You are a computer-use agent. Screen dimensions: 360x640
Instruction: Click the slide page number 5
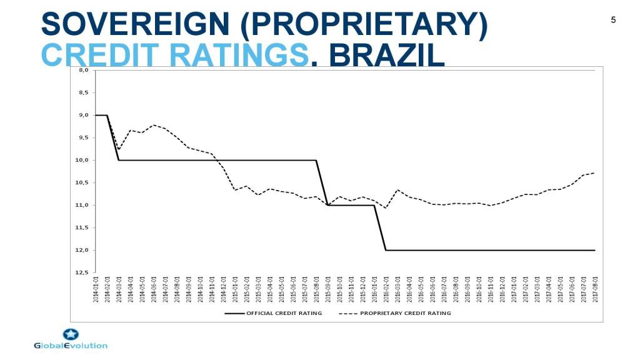[613, 20]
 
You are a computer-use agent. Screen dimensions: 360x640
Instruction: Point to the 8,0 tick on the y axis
[82, 71]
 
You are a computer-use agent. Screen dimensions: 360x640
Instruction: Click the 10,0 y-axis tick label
[81, 160]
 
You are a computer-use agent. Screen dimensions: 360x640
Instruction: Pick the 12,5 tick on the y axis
[81, 272]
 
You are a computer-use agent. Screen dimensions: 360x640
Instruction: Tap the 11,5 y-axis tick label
[81, 227]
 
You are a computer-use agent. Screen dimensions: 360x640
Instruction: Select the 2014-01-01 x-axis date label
[96, 289]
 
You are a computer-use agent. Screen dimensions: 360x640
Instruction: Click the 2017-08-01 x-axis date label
[594, 289]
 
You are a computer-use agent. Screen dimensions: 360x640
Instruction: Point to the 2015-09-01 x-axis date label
[327, 289]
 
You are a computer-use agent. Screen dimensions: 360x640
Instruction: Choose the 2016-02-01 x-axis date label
[386, 289]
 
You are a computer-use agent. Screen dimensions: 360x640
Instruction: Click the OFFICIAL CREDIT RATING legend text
[284, 313]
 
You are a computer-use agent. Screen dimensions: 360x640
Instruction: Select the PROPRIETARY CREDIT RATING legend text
[405, 313]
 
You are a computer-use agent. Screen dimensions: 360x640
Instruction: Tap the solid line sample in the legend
[234, 313]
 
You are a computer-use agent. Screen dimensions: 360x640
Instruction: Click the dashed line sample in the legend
[347, 313]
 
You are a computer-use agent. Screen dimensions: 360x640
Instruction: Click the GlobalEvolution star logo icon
[71, 334]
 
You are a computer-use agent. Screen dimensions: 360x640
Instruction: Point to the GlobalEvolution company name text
[71, 346]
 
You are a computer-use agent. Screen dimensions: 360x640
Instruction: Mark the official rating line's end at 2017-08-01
[594, 250]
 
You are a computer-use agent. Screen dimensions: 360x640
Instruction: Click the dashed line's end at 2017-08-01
[594, 173]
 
